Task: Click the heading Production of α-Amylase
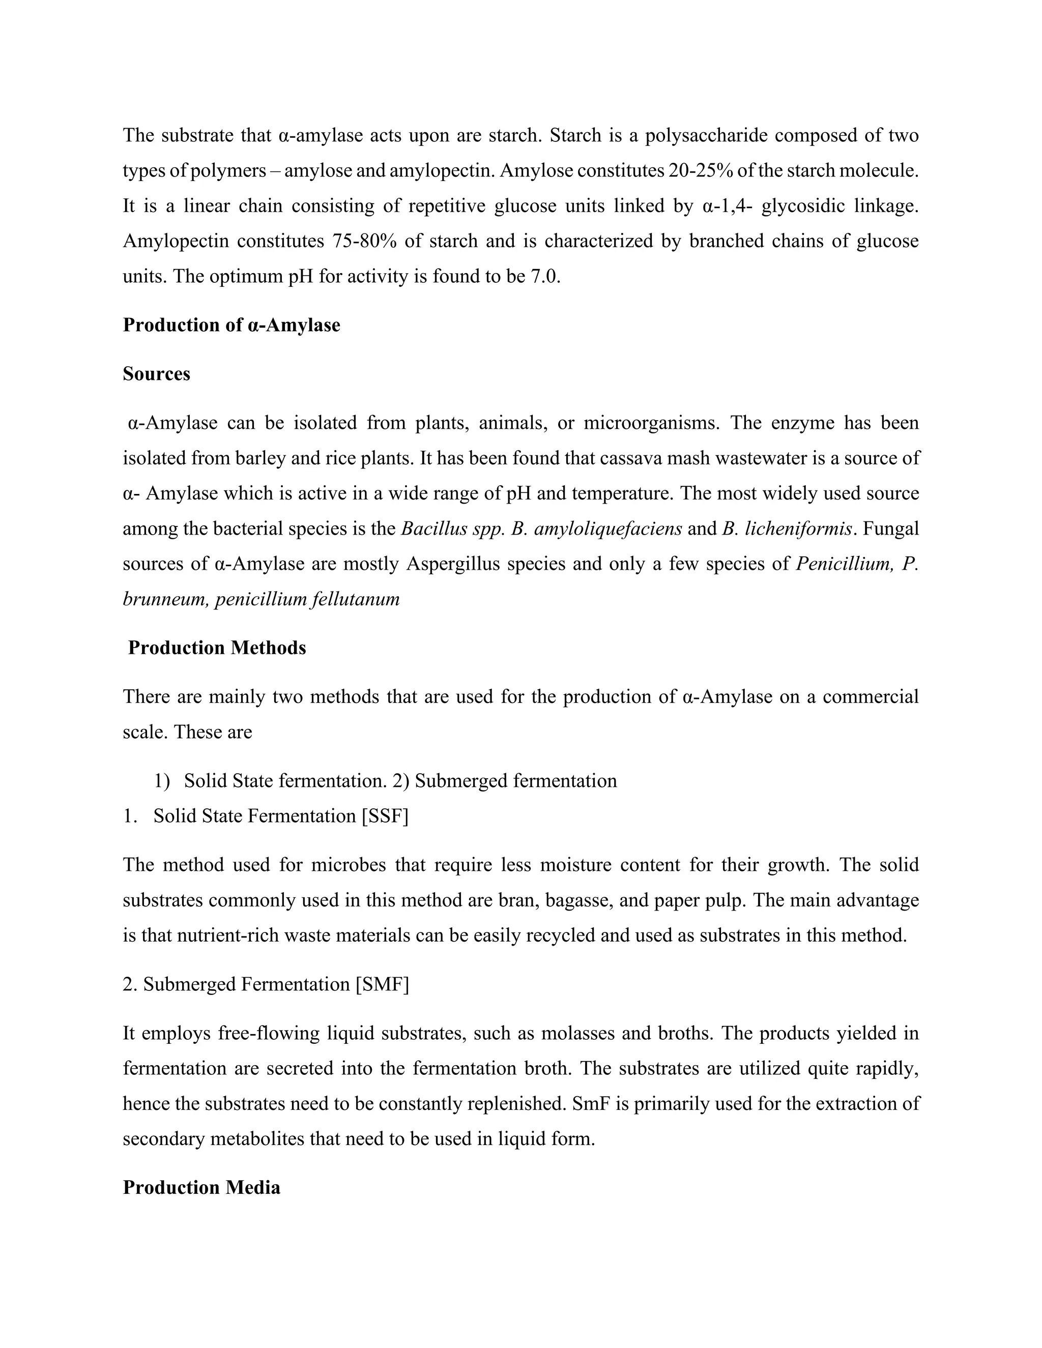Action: tap(231, 325)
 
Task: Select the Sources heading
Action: tap(156, 374)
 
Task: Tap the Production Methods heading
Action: tap(217, 648)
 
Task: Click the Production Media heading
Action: tap(201, 1188)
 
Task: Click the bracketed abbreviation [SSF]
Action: tap(385, 816)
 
